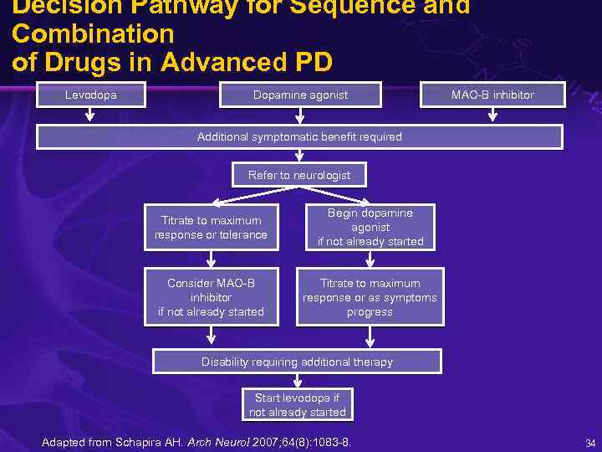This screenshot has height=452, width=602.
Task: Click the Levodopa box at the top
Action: click(x=91, y=95)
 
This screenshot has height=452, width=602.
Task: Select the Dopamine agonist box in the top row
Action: click(x=300, y=95)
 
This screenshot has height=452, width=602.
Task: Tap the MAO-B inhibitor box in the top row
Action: click(x=492, y=95)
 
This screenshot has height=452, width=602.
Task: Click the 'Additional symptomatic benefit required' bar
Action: click(x=299, y=136)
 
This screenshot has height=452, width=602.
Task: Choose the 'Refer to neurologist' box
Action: click(x=299, y=175)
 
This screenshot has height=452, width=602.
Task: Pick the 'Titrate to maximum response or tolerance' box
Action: click(x=211, y=228)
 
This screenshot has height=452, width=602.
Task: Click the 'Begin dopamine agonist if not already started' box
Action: click(x=370, y=227)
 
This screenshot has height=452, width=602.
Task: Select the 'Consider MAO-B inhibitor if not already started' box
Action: click(x=211, y=297)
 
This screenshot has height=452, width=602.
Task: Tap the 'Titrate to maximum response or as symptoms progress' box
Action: click(x=370, y=297)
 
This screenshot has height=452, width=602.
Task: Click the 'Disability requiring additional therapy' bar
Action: click(x=297, y=362)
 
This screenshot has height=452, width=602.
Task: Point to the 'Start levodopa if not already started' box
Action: click(x=297, y=405)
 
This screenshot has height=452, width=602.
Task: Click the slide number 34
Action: click(x=589, y=443)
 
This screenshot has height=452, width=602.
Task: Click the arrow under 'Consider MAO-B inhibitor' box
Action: click(x=212, y=336)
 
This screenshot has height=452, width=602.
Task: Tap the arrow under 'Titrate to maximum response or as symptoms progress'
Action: click(x=370, y=336)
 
